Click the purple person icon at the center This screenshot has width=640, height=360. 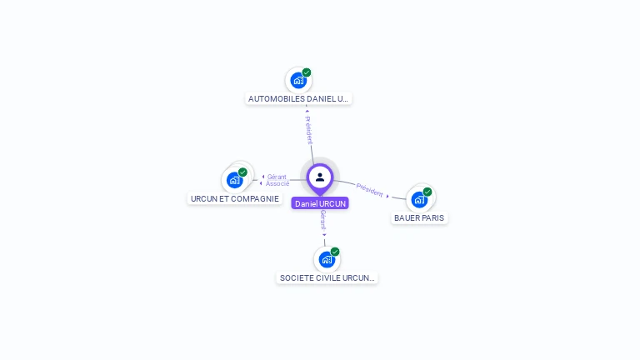[x=320, y=177]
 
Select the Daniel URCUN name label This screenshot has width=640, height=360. [x=320, y=203]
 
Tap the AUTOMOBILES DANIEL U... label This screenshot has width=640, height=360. [x=298, y=98]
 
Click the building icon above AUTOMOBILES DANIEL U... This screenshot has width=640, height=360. [x=297, y=81]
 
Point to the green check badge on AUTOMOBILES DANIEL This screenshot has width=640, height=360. [x=307, y=72]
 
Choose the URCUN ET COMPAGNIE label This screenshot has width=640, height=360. [x=234, y=198]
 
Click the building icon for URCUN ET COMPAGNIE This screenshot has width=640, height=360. [x=235, y=180]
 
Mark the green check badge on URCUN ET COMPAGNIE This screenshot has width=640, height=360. [x=242, y=172]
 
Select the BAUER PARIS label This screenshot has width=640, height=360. [x=419, y=217]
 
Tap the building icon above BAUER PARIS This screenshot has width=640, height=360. [x=419, y=199]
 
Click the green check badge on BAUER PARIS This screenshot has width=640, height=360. [x=427, y=192]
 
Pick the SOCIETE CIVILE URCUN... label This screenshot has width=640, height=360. [x=327, y=277]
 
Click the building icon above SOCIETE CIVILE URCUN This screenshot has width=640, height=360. [x=327, y=259]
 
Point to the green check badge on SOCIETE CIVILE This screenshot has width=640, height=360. [x=335, y=252]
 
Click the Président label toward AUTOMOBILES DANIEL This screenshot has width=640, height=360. [x=308, y=128]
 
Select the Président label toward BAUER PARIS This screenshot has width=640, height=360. [x=370, y=189]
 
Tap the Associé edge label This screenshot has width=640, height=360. [x=277, y=183]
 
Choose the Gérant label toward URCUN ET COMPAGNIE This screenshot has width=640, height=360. [x=277, y=177]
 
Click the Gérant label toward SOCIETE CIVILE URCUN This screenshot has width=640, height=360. [x=323, y=221]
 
